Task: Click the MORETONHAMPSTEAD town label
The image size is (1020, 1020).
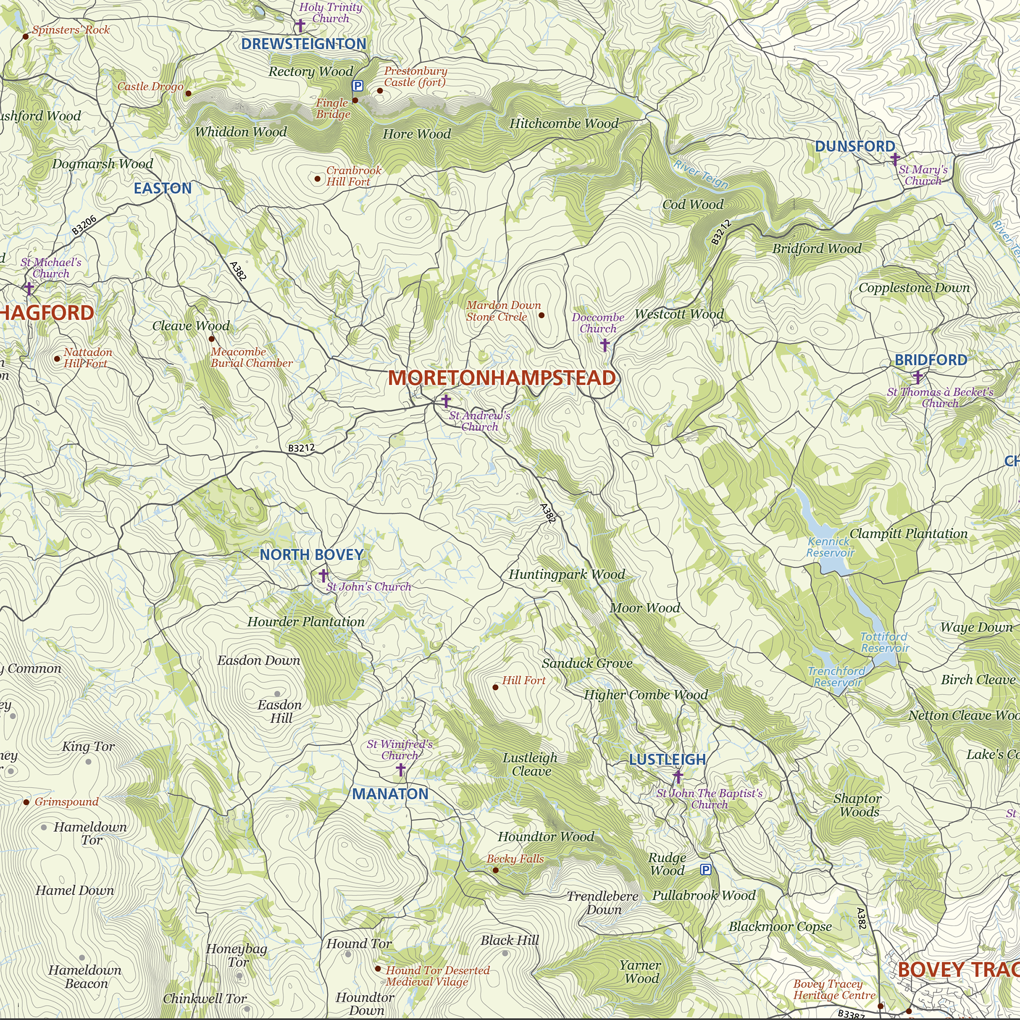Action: point(502,378)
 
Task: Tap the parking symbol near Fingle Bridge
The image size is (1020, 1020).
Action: point(358,86)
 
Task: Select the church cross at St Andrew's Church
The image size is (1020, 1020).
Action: point(446,401)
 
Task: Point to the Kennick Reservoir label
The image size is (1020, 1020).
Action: point(830,547)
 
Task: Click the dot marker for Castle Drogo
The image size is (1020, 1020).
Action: point(188,93)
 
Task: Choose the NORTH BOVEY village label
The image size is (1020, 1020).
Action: point(312,554)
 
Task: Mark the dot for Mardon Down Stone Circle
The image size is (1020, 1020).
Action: point(541,315)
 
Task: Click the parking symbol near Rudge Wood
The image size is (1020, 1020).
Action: point(705,870)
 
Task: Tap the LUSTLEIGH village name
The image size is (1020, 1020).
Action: point(667,760)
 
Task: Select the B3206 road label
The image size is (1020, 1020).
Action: point(84,225)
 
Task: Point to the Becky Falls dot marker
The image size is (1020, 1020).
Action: point(495,870)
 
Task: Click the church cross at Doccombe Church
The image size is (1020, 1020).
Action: point(604,345)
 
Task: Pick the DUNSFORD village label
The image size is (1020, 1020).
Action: point(855,146)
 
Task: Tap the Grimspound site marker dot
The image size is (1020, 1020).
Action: point(26,802)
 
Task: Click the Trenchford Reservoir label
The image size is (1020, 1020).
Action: point(837,677)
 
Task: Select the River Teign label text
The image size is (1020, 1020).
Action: point(701,174)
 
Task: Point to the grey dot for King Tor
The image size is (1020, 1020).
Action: point(88,762)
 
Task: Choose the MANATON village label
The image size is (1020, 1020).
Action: point(390,794)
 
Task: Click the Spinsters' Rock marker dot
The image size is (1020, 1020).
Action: point(25,36)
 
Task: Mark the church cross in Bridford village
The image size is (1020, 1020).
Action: point(918,377)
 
